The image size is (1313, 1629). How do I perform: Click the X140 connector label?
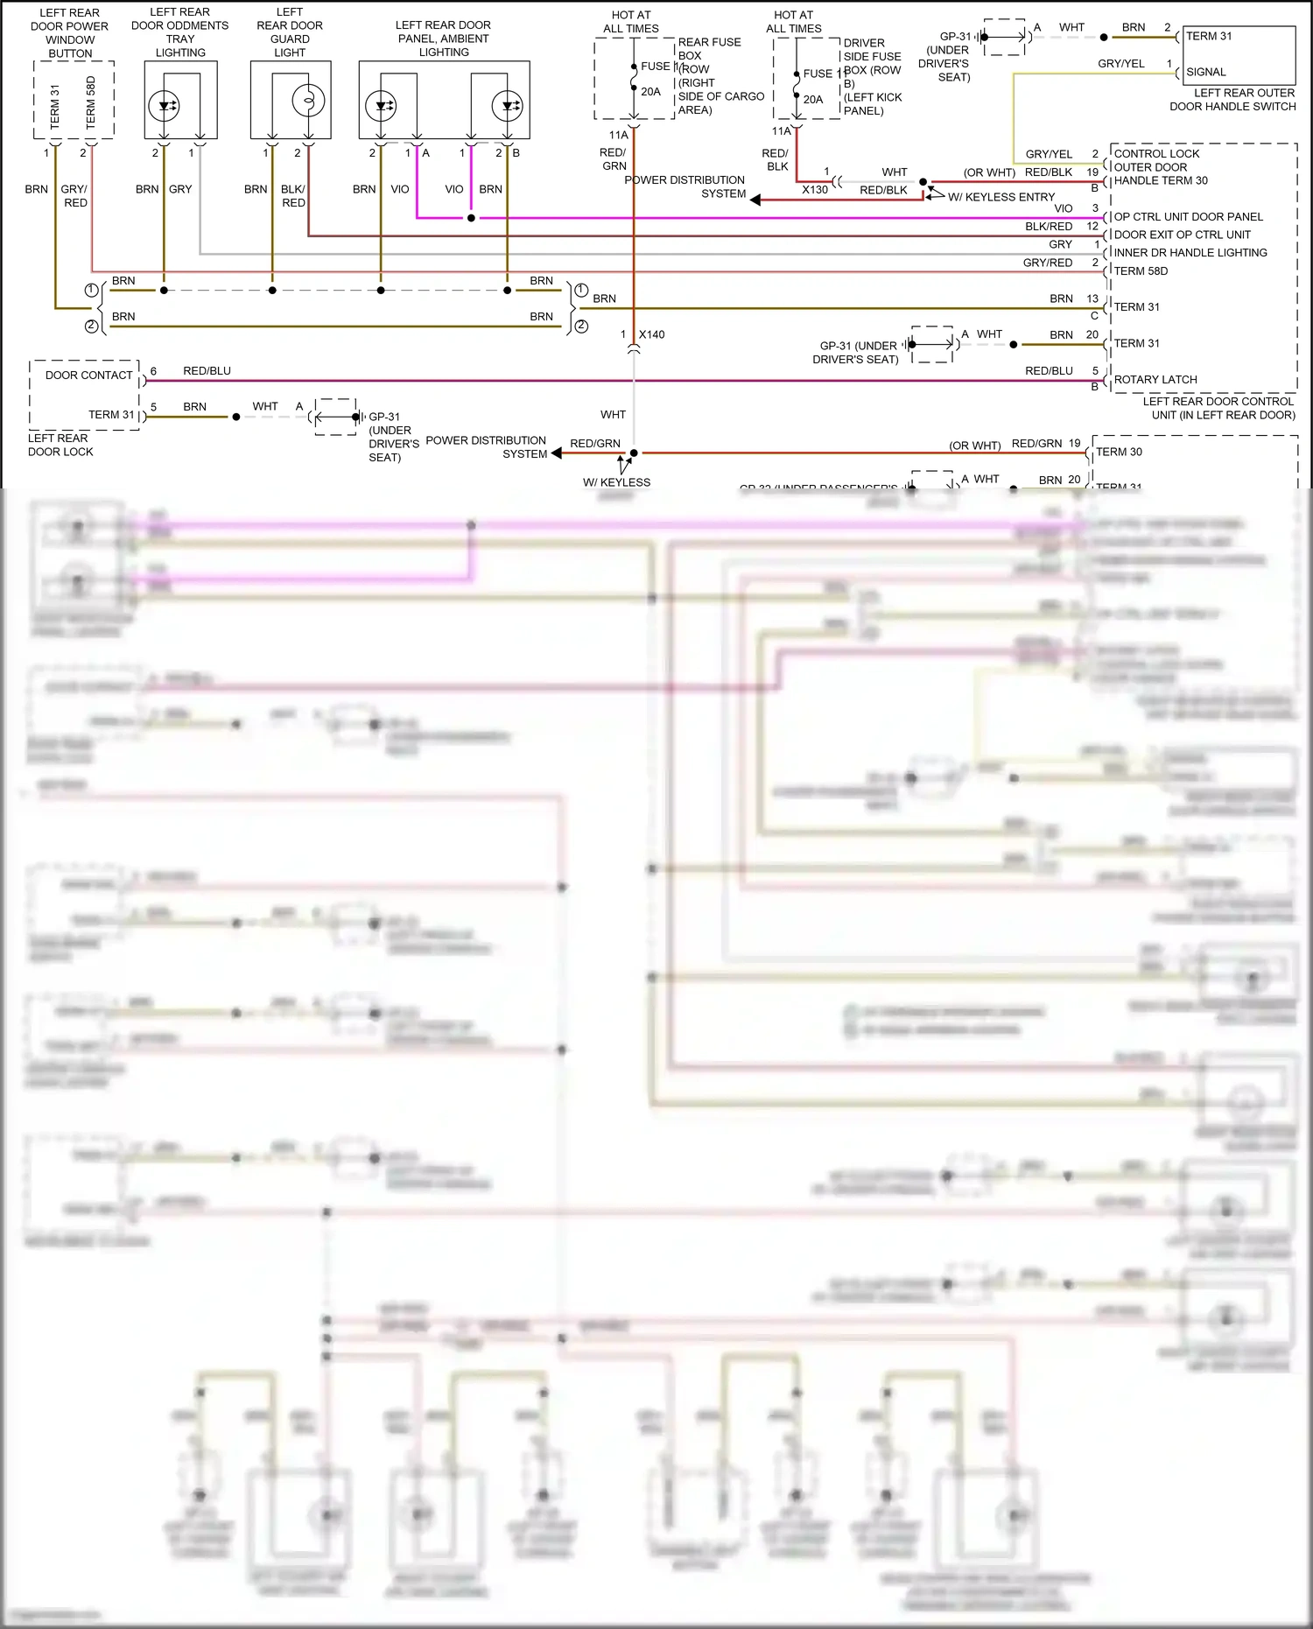coord(651,334)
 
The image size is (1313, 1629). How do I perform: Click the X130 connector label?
coord(814,189)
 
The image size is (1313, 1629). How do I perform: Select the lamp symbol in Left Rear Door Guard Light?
coord(308,101)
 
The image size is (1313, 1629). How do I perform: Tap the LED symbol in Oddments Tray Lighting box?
coord(164,106)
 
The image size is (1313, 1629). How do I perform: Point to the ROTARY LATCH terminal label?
coord(1155,379)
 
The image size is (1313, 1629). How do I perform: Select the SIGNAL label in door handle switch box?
coord(1205,72)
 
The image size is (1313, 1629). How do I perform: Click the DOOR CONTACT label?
coord(88,375)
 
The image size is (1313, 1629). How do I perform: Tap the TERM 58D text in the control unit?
coord(1140,270)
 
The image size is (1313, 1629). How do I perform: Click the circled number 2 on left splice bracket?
coord(91,326)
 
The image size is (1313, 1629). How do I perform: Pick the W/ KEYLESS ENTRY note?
coord(1001,197)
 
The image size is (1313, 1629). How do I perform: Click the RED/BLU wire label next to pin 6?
coord(207,370)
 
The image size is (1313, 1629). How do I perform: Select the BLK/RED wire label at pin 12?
coord(1048,226)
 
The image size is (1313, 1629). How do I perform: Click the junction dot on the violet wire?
coord(471,217)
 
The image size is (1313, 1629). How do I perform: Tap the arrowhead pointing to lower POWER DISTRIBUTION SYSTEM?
coord(557,453)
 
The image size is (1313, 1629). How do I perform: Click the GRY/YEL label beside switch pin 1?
coord(1120,63)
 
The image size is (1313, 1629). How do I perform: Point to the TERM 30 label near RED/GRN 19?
coord(1119,452)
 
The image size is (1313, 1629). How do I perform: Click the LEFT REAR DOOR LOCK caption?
coord(60,445)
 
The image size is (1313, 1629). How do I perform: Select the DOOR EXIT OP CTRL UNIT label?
coord(1182,235)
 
